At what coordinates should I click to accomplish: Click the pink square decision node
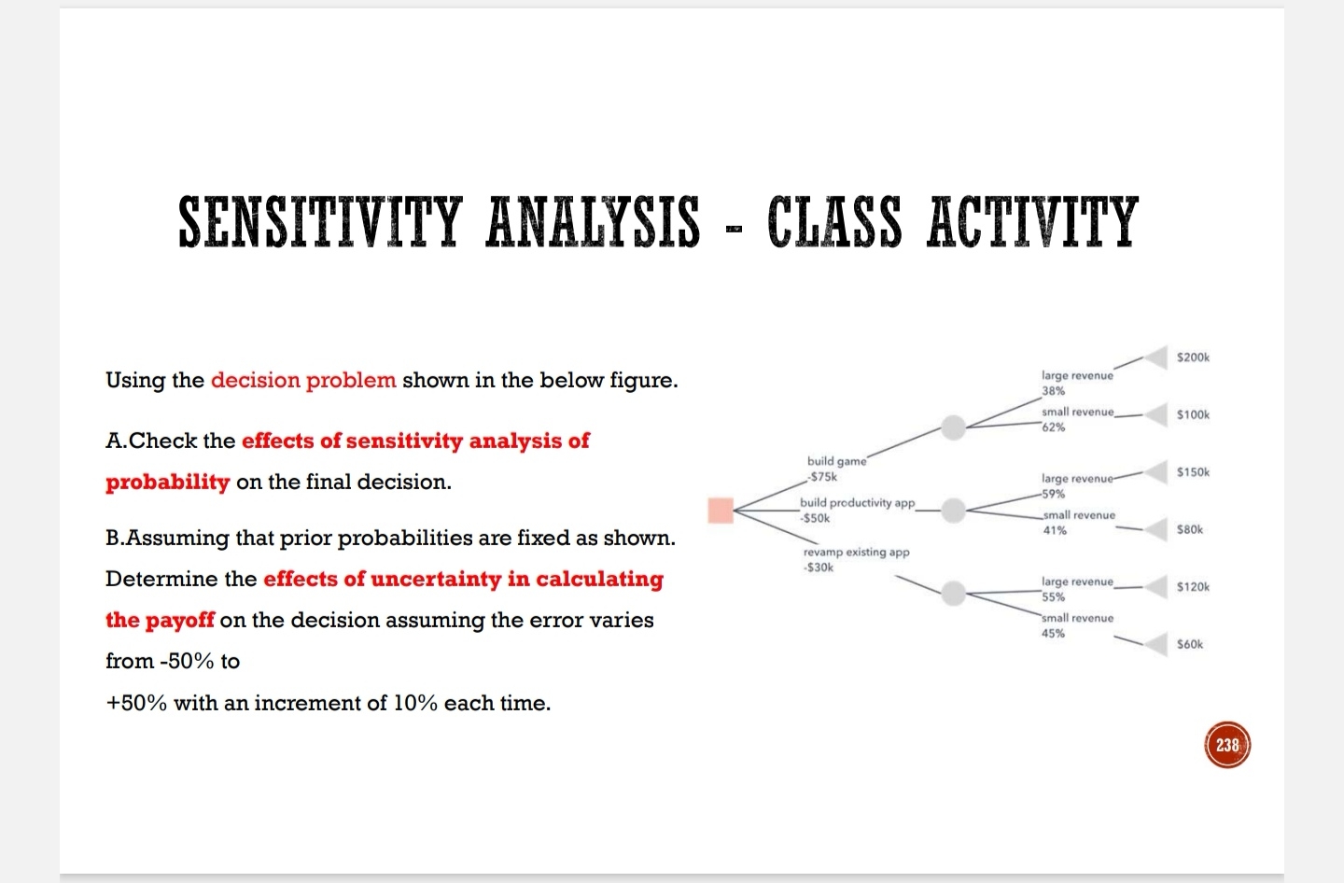tap(720, 511)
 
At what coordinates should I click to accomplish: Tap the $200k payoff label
tap(1193, 357)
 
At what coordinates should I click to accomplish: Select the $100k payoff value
tap(1193, 414)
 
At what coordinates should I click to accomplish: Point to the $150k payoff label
tap(1193, 472)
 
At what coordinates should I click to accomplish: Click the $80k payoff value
tap(1190, 529)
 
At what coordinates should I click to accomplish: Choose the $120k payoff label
tap(1193, 587)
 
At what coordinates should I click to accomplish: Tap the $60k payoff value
tap(1190, 644)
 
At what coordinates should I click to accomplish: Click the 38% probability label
tap(1054, 391)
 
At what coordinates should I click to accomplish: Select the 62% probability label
tap(1054, 427)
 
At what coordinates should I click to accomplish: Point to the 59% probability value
tap(1054, 495)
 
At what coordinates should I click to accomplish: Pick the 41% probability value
tap(1055, 530)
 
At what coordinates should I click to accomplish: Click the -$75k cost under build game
tap(822, 477)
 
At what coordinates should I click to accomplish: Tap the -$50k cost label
tap(815, 518)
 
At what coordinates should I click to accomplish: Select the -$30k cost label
tap(819, 568)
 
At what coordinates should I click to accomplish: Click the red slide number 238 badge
tap(1227, 745)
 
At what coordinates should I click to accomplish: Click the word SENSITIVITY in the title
tap(320, 221)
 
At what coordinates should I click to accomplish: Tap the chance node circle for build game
tap(953, 427)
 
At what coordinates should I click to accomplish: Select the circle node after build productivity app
tap(953, 511)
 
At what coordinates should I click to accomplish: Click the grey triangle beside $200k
tap(1157, 357)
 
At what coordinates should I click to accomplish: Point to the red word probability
tap(168, 482)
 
